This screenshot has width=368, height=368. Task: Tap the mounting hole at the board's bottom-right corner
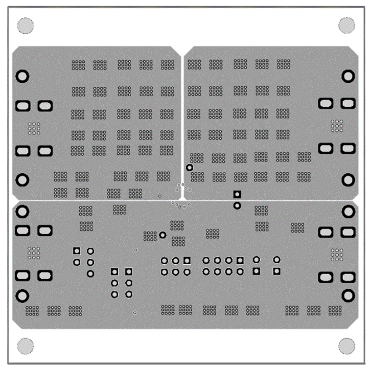(x=347, y=346)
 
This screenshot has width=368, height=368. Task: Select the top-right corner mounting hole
(x=347, y=25)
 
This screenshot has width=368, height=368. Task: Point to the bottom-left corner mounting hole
(x=25, y=346)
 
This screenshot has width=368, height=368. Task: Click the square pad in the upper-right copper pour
(x=237, y=194)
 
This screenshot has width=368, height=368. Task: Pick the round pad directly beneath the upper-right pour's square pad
(x=237, y=205)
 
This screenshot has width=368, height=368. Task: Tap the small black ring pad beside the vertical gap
(x=190, y=168)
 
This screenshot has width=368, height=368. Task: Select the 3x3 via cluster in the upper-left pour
(x=34, y=128)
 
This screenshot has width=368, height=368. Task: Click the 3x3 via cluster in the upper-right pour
(x=337, y=125)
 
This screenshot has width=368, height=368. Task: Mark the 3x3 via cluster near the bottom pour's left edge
(x=34, y=253)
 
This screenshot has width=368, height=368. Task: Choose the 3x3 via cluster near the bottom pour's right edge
(x=337, y=254)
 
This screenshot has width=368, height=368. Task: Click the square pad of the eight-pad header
(x=240, y=260)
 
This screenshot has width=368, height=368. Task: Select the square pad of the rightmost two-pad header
(x=277, y=271)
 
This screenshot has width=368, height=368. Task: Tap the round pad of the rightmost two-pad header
(x=277, y=260)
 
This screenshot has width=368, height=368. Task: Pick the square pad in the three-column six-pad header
(x=187, y=260)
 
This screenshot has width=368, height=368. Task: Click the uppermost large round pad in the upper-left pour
(x=22, y=77)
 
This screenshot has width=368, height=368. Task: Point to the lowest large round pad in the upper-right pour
(x=348, y=180)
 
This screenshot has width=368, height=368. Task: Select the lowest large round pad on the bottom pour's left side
(x=22, y=296)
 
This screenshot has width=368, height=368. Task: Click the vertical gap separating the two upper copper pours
(x=182, y=118)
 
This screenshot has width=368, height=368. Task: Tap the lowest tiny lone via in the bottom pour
(x=134, y=312)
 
